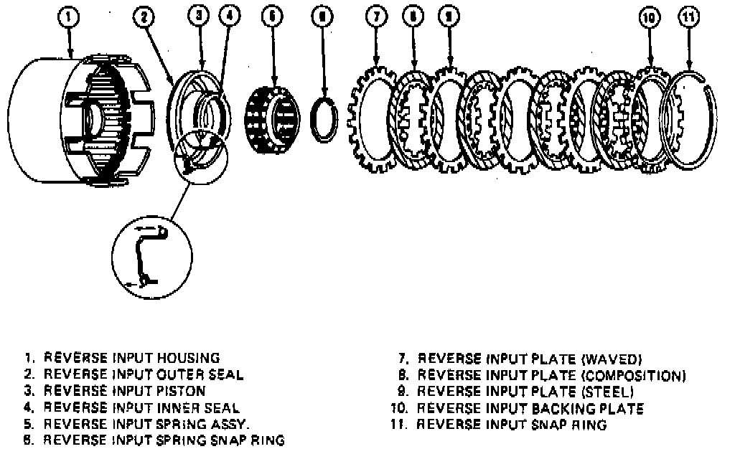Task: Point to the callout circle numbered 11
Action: tap(689, 18)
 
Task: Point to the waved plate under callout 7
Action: tap(374, 118)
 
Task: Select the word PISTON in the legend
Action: tap(182, 391)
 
